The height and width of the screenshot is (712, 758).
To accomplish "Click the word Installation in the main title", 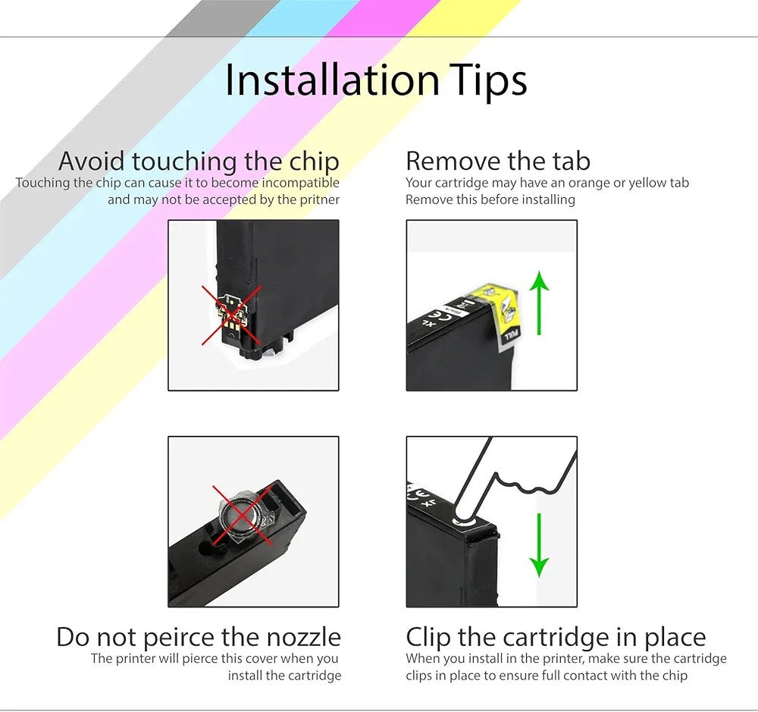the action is pyautogui.click(x=333, y=80).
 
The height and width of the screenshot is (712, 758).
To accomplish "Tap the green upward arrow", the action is pyautogui.click(x=539, y=303).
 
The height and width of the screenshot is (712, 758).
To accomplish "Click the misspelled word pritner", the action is pyautogui.click(x=320, y=199).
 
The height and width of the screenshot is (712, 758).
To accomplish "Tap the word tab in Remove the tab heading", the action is pyautogui.click(x=572, y=161).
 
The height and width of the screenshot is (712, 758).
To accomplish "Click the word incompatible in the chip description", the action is pyautogui.click(x=301, y=183).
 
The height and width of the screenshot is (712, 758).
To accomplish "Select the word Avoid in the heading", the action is pyautogui.click(x=92, y=161).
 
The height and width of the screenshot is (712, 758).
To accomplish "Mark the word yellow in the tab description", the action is pyautogui.click(x=647, y=183).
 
